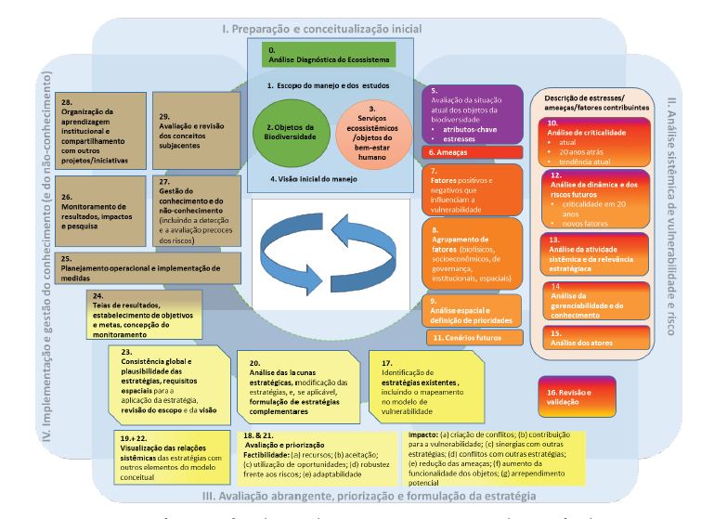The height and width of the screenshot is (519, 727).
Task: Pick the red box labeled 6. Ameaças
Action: click(x=467, y=151)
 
